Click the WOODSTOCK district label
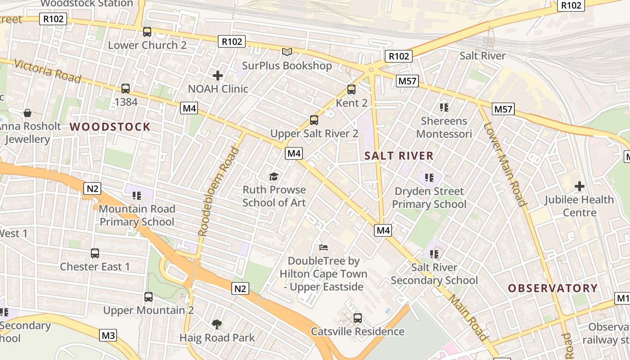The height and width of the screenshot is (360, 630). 110,126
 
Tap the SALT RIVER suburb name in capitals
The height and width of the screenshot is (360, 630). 399,156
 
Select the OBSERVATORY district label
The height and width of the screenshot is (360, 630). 553,288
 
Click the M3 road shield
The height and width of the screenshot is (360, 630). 108,335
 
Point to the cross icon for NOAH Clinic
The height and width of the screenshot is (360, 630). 218,76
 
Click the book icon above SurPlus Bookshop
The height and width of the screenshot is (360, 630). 287,52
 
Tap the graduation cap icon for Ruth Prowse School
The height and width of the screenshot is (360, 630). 274,176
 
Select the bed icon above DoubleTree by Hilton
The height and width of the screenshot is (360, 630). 324,247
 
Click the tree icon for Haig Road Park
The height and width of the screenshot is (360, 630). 217,324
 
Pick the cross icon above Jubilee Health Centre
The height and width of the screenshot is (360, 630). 579,186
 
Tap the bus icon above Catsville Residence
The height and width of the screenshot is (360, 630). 358,318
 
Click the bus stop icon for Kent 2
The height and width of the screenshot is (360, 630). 351,90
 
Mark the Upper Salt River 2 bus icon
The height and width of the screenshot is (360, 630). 314,120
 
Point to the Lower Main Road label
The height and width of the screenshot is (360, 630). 505,164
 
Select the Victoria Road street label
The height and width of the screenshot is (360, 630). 48,71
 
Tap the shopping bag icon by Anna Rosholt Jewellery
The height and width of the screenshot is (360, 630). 27,112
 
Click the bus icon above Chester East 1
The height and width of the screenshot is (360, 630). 95,253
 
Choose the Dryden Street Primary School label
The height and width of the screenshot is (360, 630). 429,198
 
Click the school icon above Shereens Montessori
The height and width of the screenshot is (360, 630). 444,107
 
